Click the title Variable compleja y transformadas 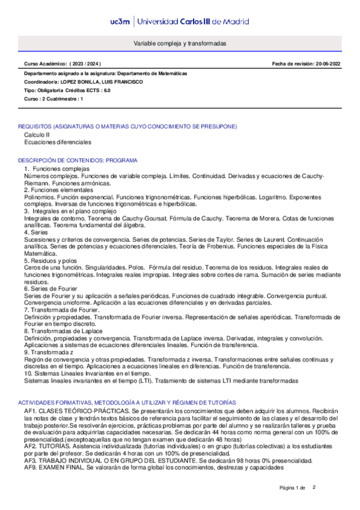pyautogui.click(x=180, y=45)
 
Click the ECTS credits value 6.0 pyautogui.click(x=106, y=90)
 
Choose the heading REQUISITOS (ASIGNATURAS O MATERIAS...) pyautogui.click(x=127, y=126)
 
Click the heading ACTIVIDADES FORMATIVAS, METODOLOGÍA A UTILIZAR pyautogui.click(x=127, y=402)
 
